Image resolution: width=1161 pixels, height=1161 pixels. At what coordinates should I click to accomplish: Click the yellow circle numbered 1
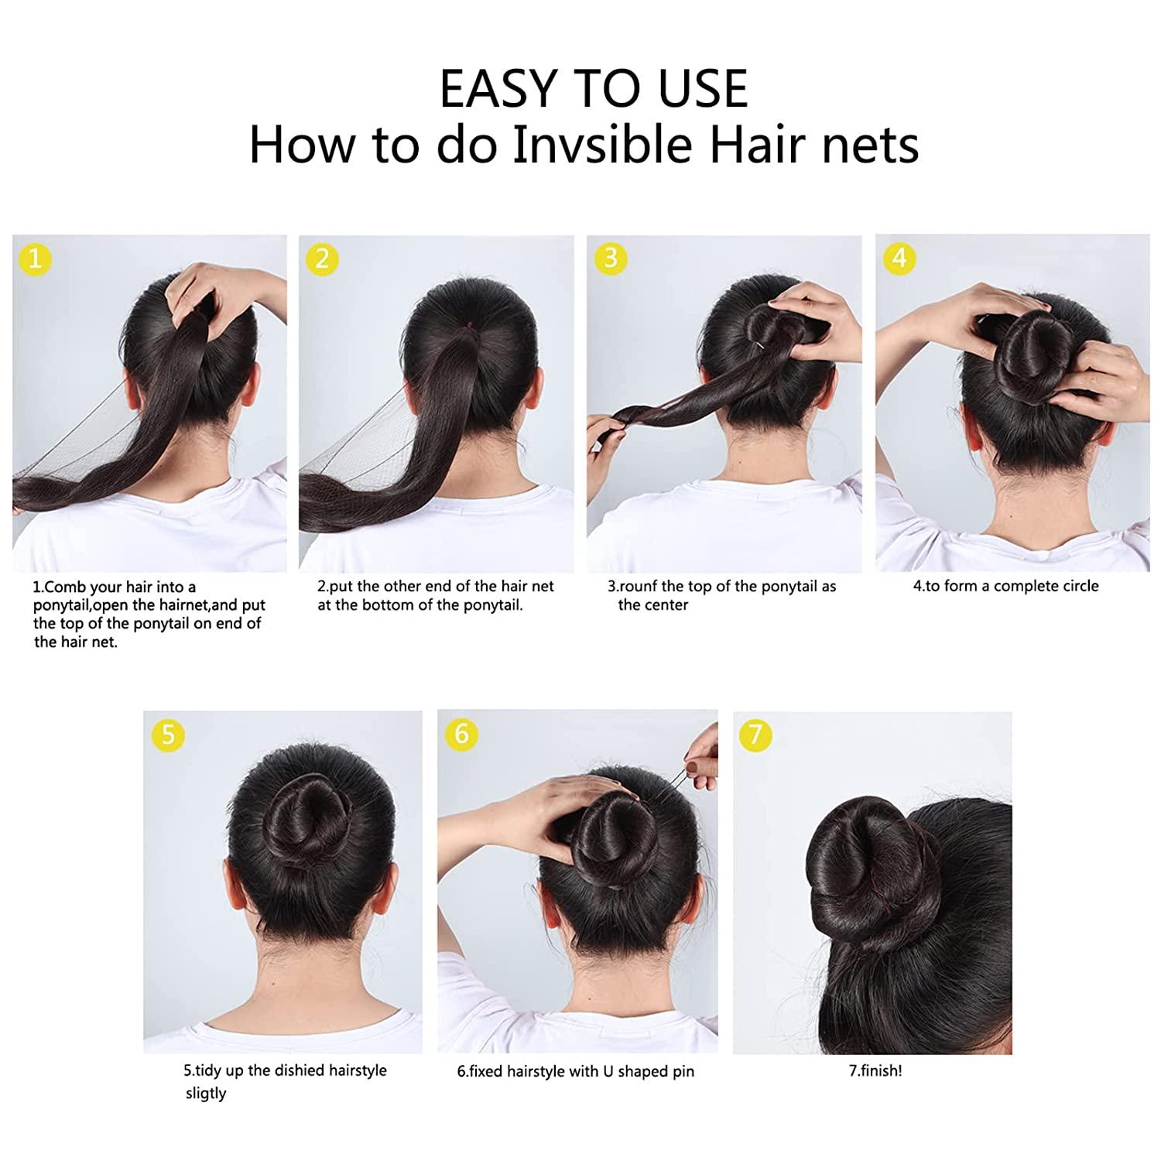(x=34, y=259)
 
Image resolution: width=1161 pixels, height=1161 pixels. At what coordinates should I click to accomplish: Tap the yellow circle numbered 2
(x=322, y=259)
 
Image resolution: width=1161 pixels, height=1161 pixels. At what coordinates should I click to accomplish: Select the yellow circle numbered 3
(x=611, y=259)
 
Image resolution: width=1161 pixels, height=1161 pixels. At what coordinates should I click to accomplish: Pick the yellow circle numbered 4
(x=899, y=259)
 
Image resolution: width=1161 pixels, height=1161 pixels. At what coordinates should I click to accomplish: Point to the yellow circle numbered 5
(x=168, y=734)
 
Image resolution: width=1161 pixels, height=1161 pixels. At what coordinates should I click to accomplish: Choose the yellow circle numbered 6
(x=462, y=734)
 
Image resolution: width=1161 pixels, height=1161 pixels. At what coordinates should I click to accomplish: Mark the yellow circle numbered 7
(x=756, y=734)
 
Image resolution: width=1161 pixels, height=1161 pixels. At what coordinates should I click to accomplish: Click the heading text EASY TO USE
(x=594, y=89)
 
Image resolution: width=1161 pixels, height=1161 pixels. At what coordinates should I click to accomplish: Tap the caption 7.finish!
(x=875, y=1071)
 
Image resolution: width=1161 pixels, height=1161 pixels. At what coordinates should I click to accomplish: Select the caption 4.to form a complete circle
(x=1005, y=586)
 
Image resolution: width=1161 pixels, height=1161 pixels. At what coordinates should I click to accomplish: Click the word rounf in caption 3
(x=637, y=587)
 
